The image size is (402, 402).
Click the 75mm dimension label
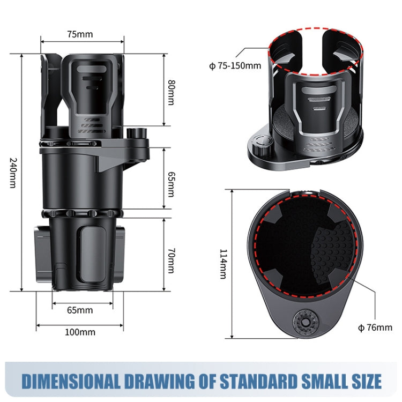click(80, 34)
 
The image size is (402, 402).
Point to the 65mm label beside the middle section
click(171, 184)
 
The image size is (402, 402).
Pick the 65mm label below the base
click(80, 310)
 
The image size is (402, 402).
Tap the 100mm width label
click(80, 332)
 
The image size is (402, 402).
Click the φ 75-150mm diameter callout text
click(235, 66)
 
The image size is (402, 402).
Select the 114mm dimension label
click(222, 264)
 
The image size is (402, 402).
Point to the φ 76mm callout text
click(375, 327)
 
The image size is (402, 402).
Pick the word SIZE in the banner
click(364, 381)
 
